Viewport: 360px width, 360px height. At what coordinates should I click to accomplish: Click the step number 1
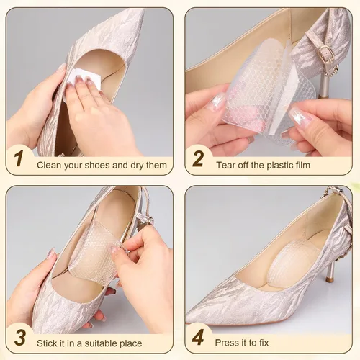tap(19, 158)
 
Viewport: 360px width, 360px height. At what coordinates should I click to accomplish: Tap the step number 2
tap(198, 158)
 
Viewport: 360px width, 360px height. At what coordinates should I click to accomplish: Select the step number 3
tap(20, 337)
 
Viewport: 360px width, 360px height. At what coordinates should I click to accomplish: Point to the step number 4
tap(198, 337)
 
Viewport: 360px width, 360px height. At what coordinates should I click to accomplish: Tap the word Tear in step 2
tap(225, 165)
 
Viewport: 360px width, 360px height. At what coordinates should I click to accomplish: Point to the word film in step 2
tap(302, 165)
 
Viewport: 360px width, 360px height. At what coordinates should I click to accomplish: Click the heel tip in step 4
tap(328, 280)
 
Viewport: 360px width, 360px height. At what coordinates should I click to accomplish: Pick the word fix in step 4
tap(264, 343)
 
